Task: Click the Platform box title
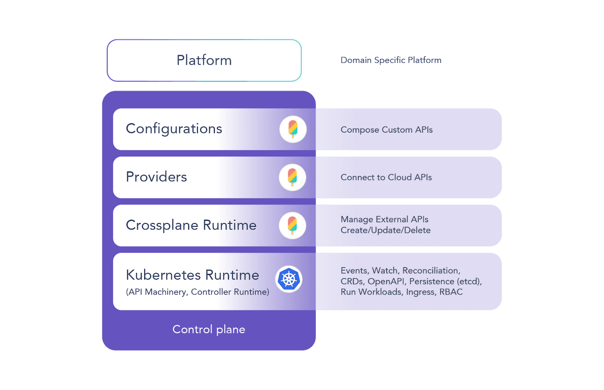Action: tap(204, 60)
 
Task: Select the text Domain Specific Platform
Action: tap(391, 60)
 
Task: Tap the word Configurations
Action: tap(174, 129)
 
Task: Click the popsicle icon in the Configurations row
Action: tap(293, 129)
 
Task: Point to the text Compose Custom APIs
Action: tap(387, 130)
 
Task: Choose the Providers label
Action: tap(156, 177)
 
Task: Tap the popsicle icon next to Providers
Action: tap(293, 177)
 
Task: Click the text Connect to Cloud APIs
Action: tap(386, 177)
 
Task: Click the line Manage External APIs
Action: tap(385, 219)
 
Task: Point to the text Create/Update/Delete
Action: tap(385, 230)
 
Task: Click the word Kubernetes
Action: tap(163, 275)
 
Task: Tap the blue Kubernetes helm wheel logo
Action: tap(289, 279)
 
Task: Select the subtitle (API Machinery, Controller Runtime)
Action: tap(198, 292)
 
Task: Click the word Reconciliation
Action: tap(431, 271)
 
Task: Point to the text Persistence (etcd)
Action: tap(445, 281)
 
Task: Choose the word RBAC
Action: tap(451, 292)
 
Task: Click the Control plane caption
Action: tap(209, 329)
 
